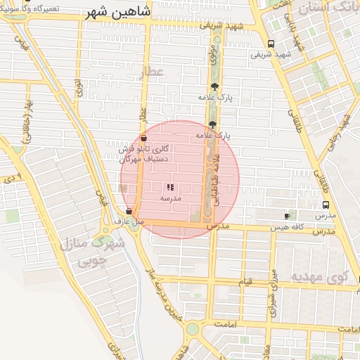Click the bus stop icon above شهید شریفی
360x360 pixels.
point(271,44)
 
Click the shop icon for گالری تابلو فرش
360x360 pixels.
point(143,139)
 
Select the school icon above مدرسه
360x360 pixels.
point(170,188)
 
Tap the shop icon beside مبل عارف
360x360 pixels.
point(129,212)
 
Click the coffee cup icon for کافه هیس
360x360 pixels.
point(287,216)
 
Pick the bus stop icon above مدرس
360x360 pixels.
point(325,205)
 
